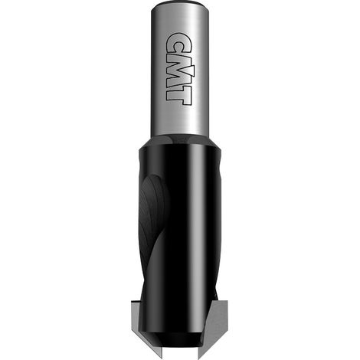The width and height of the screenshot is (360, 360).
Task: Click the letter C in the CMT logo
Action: coord(175,43)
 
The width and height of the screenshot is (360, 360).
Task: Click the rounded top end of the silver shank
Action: coord(180,5)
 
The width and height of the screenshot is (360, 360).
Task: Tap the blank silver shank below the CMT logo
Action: coord(180,120)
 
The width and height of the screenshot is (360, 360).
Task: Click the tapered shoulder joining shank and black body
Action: coord(180,141)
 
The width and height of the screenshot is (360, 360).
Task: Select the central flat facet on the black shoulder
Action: coord(181,139)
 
